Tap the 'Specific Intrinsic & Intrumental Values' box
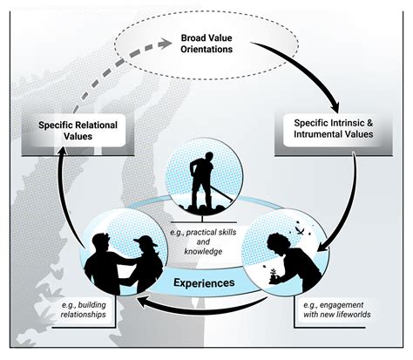(x=334, y=130)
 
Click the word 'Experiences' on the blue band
(x=205, y=282)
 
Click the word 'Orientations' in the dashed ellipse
(x=206, y=51)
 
